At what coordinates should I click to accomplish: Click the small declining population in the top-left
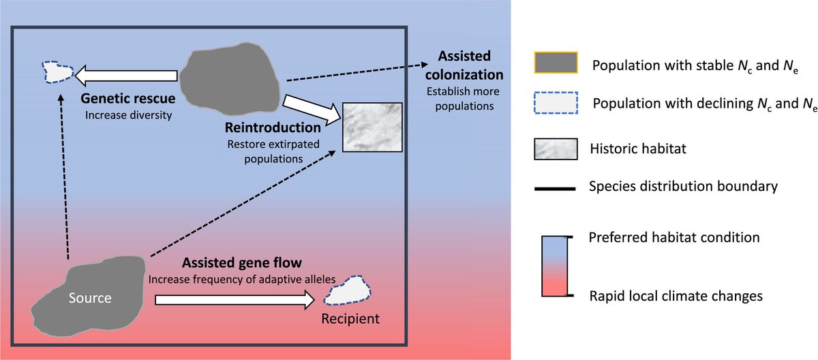tap(57, 70)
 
